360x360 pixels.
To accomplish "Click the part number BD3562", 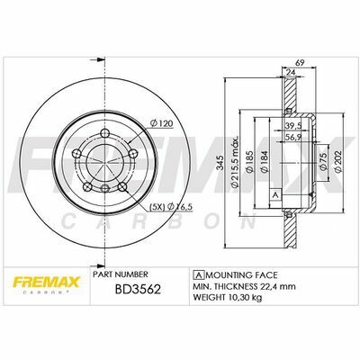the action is [139, 289].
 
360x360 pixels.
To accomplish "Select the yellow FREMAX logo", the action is [46, 283].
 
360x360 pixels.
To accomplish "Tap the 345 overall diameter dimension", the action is [220, 163].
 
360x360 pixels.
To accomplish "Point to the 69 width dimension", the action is [301, 63].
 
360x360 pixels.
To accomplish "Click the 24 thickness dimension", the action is [291, 72].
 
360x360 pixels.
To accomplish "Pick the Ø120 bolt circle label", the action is [161, 123].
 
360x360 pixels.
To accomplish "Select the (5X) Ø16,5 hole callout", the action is [171, 206].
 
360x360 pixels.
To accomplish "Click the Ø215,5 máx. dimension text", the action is [235, 162].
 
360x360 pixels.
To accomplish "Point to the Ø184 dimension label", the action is [265, 162].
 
